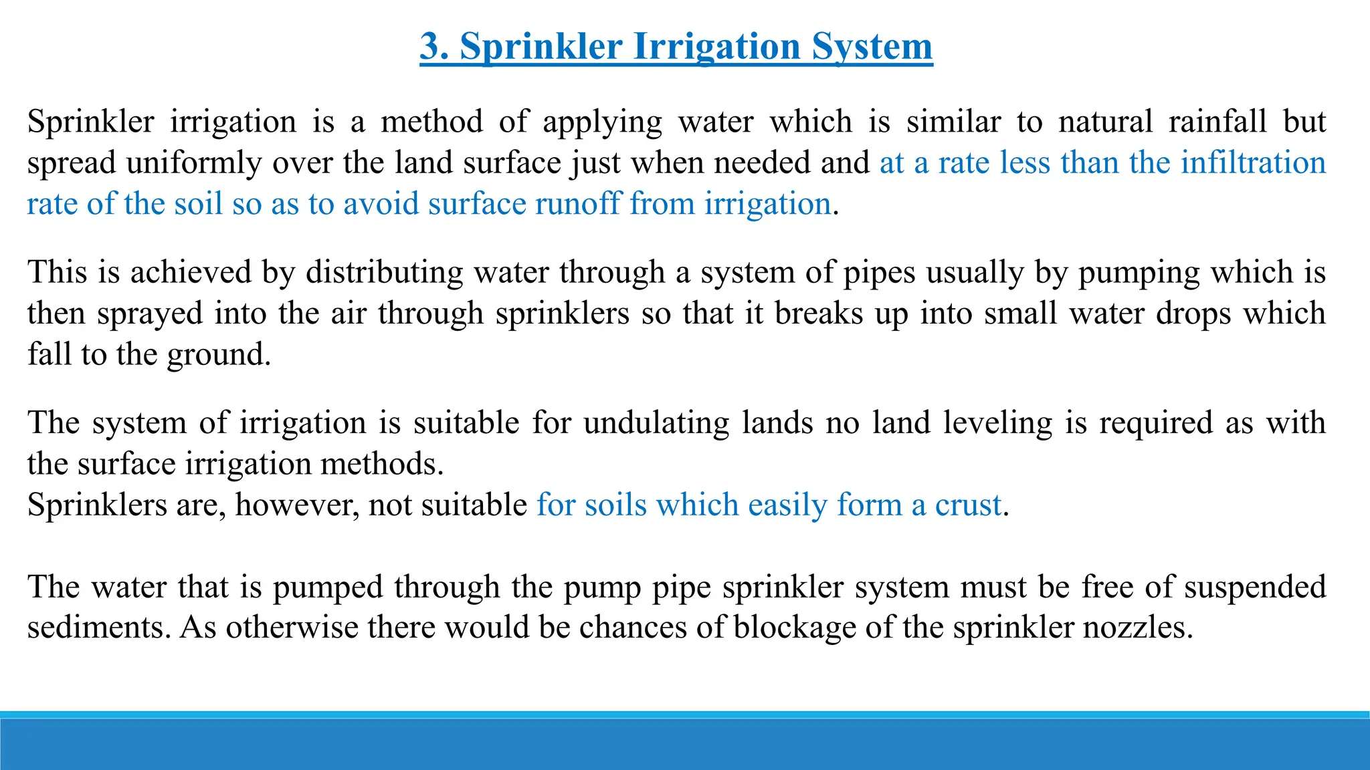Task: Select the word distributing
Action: pos(384,272)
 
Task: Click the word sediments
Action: pos(99,628)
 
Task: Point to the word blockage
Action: pos(795,628)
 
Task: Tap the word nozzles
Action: pos(1137,628)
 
